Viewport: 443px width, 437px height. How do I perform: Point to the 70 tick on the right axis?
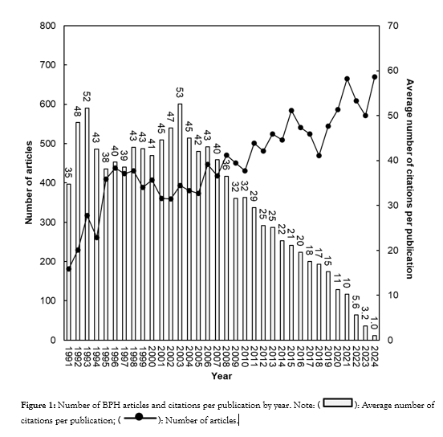[x=391, y=27]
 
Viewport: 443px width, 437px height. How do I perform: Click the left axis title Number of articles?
[x=29, y=183]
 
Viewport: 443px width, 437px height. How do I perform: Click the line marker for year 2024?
[x=375, y=76]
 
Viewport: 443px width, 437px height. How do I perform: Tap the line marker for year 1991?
[x=68, y=268]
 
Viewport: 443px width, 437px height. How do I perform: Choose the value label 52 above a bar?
[x=87, y=97]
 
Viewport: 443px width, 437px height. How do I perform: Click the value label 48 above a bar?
[x=78, y=112]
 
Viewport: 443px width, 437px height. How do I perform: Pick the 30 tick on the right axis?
[x=391, y=206]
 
